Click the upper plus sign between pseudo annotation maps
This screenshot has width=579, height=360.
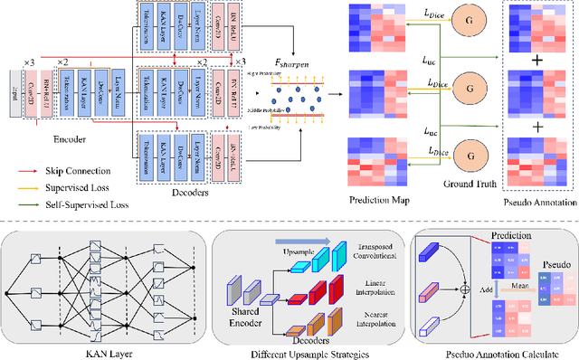tap(539, 62)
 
